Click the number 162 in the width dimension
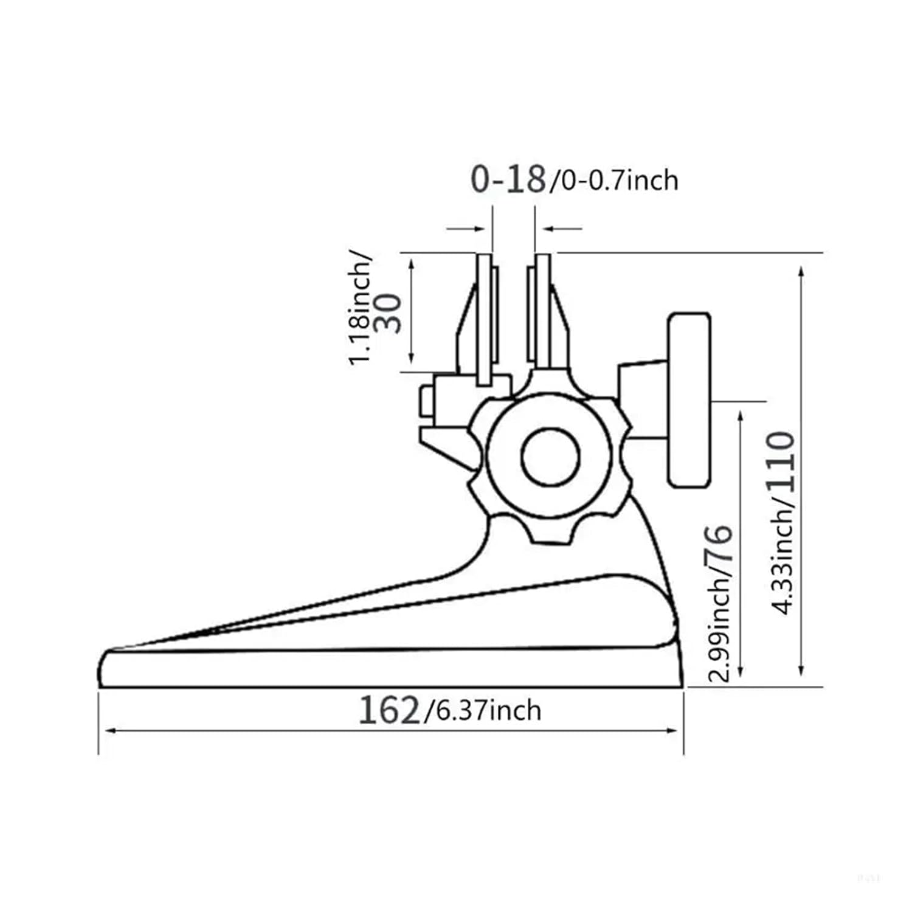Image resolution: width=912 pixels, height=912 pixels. coord(389,710)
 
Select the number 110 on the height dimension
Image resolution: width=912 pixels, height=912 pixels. coord(781,461)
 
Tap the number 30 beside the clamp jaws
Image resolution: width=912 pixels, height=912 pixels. coord(390,313)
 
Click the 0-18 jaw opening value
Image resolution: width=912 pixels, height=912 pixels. coord(508,179)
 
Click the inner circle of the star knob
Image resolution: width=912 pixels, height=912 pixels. coord(550,457)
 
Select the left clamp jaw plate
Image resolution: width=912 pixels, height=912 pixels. coord(485,319)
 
